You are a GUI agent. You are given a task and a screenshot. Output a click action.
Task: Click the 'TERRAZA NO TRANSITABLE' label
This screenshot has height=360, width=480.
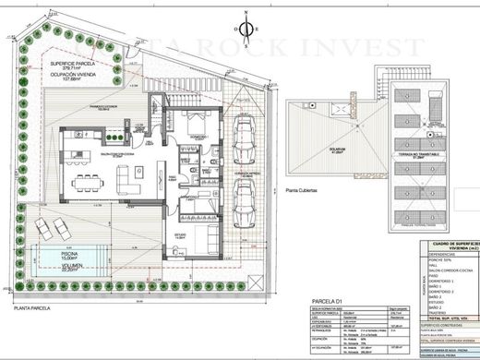(x=418, y=155)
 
